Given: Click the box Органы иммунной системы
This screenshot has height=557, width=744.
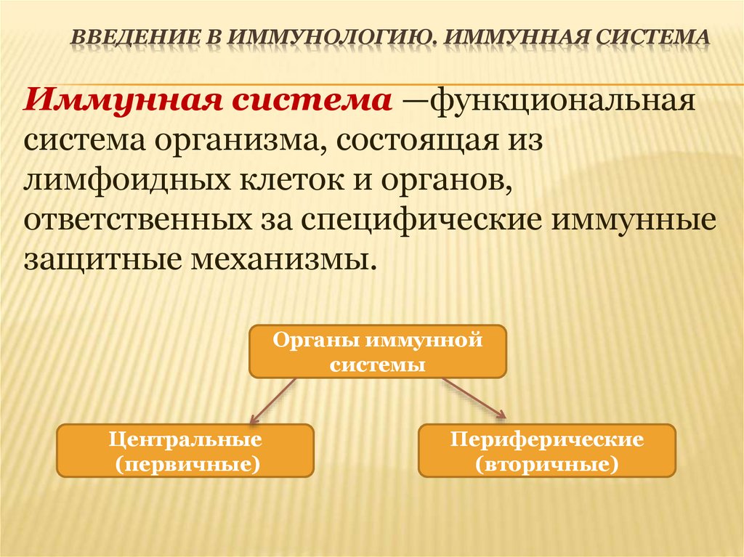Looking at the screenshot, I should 377,351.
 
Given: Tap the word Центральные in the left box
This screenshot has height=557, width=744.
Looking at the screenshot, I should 185,439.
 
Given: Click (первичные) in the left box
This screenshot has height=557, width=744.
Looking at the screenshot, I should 185,463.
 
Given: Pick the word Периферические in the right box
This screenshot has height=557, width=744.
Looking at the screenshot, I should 547,439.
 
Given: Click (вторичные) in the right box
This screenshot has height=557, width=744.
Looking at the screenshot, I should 547,463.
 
